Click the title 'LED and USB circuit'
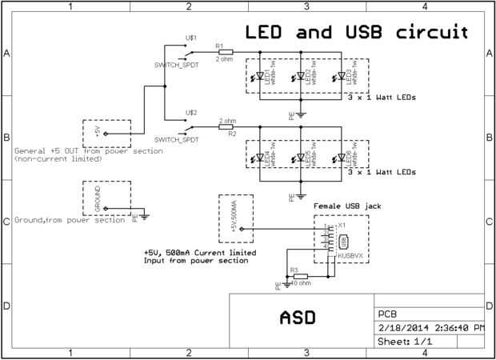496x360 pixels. pos(355,33)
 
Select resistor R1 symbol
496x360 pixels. pos(225,52)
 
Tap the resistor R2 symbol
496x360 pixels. pos(226,126)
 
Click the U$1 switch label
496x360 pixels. pos(190,38)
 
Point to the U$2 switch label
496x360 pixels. pos(190,113)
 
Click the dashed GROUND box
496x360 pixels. pos(106,196)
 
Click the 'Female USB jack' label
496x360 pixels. pos(347,206)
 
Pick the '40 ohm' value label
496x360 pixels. pos(300,283)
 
